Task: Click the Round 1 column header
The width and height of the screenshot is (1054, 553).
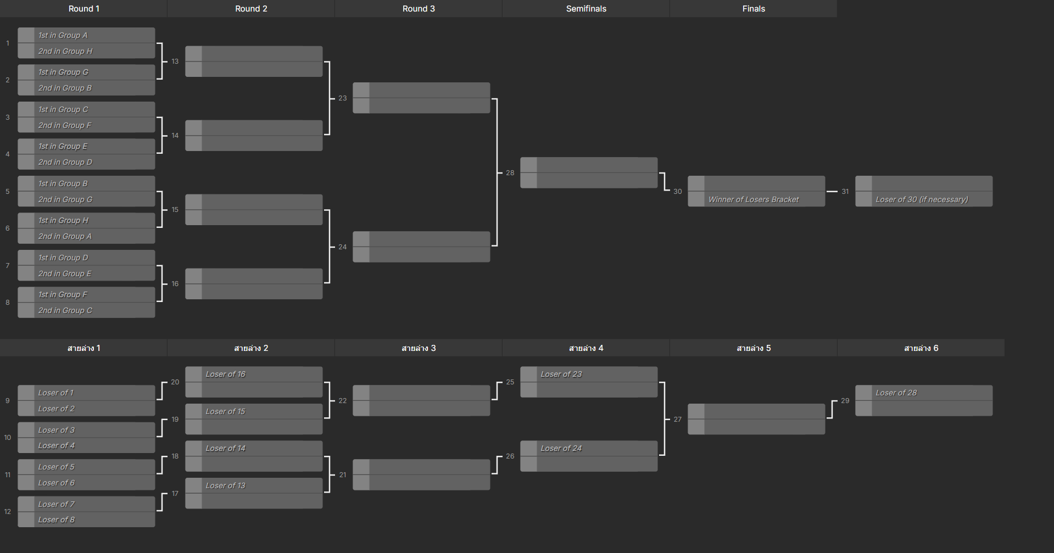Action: [83, 9]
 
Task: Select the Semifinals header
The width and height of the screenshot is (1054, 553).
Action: [586, 9]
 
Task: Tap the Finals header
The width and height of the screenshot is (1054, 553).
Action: [754, 9]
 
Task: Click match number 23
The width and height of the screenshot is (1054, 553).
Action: [343, 98]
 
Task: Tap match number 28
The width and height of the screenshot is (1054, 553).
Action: [510, 173]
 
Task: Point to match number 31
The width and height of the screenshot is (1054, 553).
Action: [845, 192]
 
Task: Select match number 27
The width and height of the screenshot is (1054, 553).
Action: [678, 420]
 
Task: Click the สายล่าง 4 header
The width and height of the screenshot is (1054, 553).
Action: [586, 348]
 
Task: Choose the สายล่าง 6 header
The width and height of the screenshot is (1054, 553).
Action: [921, 348]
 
